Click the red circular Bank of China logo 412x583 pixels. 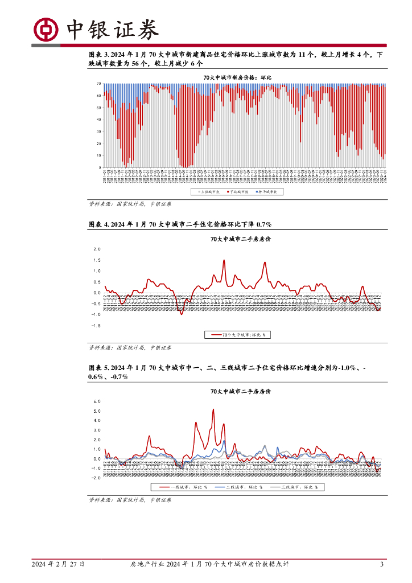point(45,28)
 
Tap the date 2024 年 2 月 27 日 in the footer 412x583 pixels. point(58,564)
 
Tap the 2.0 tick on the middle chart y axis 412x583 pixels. point(97,249)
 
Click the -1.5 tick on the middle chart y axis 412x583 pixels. point(96,326)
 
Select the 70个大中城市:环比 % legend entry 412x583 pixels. point(238,335)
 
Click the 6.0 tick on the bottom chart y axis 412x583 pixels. point(97,401)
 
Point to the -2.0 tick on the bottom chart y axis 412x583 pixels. point(96,478)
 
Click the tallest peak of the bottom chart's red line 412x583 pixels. point(213,409)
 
